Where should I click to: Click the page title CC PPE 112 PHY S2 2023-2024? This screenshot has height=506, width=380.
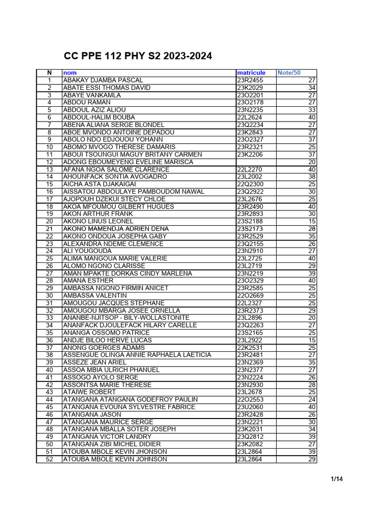[138, 56]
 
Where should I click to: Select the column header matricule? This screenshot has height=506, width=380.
[251, 73]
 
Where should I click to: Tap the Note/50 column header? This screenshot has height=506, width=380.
[289, 73]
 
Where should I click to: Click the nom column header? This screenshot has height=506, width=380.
[70, 73]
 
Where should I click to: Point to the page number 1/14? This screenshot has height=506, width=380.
[337, 479]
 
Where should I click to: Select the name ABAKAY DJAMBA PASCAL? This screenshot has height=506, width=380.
[103, 80]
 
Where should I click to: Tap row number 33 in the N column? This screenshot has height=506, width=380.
[49, 318]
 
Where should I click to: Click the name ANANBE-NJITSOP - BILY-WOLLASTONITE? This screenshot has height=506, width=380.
[126, 318]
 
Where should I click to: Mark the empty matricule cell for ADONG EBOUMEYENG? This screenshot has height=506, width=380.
[255, 162]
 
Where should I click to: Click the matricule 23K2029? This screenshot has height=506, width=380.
[250, 87]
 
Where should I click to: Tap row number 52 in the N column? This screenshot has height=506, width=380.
[49, 459]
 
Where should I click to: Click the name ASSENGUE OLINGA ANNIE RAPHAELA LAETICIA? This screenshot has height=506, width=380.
[137, 355]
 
